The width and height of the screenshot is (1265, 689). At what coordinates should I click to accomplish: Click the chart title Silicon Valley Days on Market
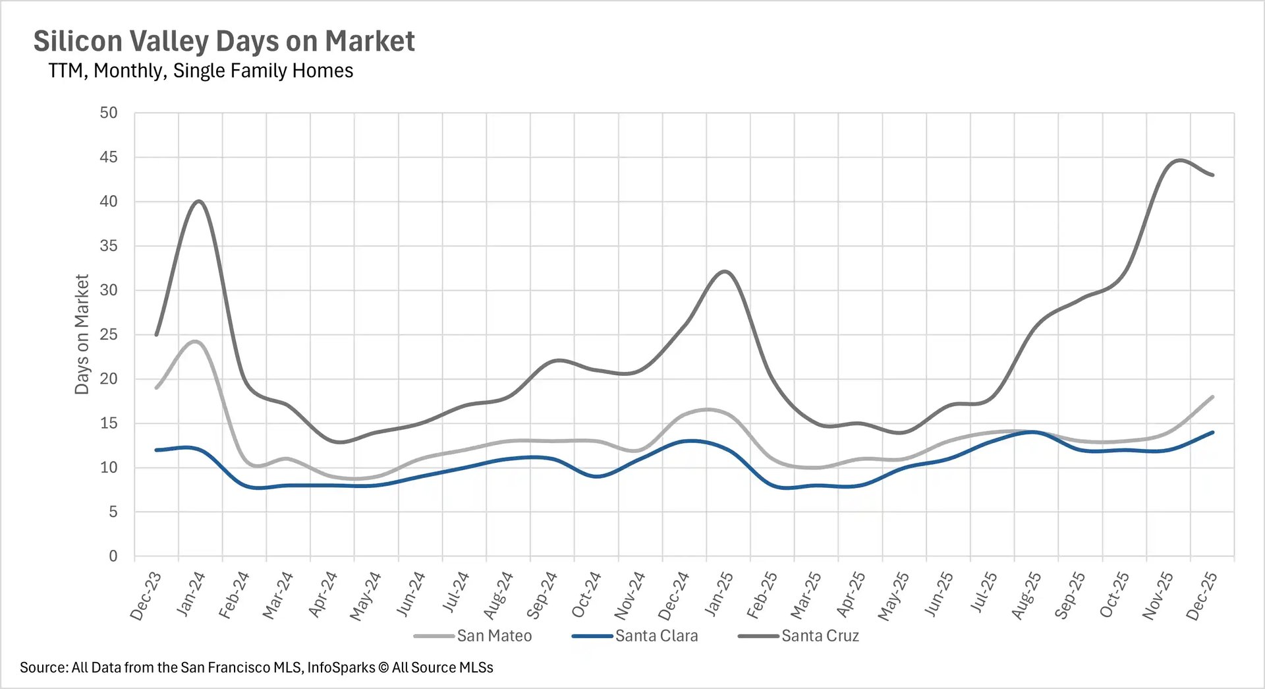(224, 41)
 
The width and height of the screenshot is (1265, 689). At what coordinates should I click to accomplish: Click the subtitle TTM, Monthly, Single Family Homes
(200, 71)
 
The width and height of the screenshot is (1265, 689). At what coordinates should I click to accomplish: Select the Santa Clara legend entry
(656, 636)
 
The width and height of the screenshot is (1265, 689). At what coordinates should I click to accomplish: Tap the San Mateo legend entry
(493, 636)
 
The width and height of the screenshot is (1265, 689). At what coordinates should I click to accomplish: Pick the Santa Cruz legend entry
(820, 636)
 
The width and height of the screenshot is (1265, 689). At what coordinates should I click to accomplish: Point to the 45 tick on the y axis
(109, 157)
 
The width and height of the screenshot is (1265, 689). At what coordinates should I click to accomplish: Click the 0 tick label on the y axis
(113, 556)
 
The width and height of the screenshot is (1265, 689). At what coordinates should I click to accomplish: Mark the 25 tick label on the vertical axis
(109, 334)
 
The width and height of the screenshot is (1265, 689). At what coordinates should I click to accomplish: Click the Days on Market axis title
(82, 334)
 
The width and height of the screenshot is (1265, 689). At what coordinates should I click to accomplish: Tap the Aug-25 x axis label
(1026, 595)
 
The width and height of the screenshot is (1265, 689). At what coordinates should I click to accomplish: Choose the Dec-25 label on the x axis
(1202, 595)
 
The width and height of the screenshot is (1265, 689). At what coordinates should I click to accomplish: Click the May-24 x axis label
(366, 595)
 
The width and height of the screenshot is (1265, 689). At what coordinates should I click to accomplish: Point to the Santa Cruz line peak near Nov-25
(1179, 160)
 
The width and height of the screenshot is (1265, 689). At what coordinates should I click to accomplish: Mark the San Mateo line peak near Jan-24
(196, 341)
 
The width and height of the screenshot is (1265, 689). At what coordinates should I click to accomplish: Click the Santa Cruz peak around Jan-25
(725, 271)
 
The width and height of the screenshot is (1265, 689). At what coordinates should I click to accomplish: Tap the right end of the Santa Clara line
(1212, 433)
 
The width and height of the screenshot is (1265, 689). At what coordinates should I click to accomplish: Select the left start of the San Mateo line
(156, 388)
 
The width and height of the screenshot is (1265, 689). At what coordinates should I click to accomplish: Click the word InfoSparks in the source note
(341, 667)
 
